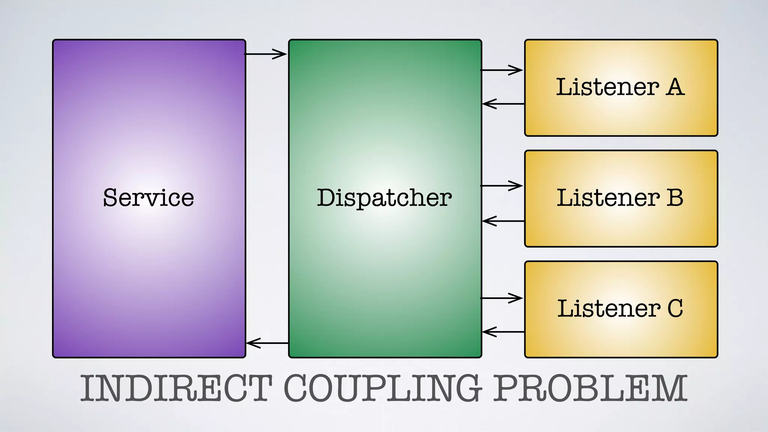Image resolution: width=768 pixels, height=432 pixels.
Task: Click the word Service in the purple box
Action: tap(148, 198)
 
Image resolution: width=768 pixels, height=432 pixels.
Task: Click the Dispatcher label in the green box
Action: tap(384, 198)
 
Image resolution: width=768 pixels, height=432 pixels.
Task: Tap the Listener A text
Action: tap(620, 87)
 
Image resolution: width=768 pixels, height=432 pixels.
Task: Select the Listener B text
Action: tap(620, 198)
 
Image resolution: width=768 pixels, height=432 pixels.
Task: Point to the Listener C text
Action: tap(620, 308)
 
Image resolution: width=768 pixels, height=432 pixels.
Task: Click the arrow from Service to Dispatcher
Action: tap(266, 54)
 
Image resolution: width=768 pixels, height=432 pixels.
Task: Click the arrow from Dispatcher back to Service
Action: tap(267, 343)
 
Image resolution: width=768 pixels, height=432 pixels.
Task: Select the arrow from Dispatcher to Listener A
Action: tap(502, 70)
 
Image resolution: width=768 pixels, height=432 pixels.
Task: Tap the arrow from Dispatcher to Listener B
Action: tap(502, 186)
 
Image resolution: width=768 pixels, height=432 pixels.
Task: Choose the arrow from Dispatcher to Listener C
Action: tap(502, 298)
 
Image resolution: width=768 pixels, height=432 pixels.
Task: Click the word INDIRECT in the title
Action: tap(176, 388)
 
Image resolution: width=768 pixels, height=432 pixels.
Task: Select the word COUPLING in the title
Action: tap(382, 388)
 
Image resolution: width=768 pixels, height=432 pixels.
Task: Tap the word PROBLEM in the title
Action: tap(590, 388)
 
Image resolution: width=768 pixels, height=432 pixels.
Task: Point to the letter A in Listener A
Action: tap(675, 87)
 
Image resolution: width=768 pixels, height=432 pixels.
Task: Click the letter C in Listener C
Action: tap(675, 308)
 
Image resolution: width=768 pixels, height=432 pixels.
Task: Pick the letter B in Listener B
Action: tap(675, 198)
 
